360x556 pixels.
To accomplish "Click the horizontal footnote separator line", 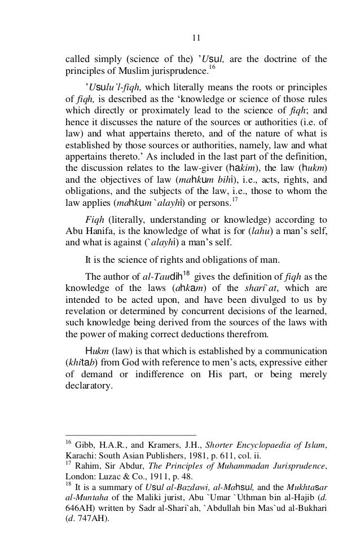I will [x=131, y=435].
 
